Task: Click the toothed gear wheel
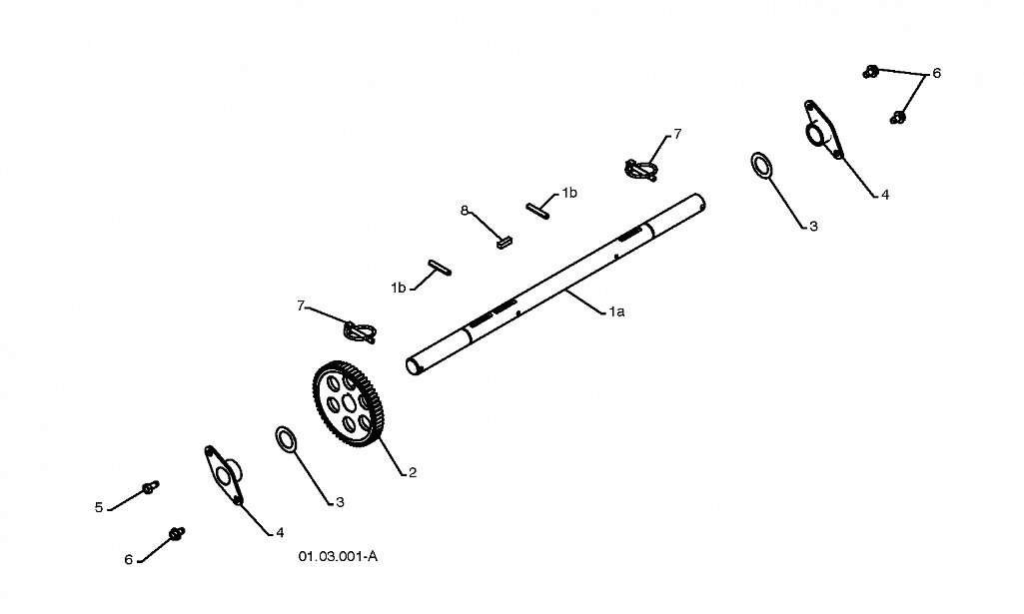coord(348,404)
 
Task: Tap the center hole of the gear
coord(348,404)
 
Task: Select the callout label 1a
coord(616,311)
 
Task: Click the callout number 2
coord(412,472)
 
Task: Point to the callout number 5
coord(99,507)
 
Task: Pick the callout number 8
coord(465,211)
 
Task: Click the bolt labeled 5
coord(150,487)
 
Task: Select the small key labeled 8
coord(505,243)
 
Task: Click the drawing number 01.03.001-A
coord(338,556)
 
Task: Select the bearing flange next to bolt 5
coord(223,475)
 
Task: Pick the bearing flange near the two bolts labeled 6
coord(822,129)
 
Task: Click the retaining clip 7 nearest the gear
coord(360,331)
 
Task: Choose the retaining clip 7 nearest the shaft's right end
coord(640,170)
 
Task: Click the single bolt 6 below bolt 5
coord(176,533)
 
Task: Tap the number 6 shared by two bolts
coord(936,73)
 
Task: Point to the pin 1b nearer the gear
coord(439,267)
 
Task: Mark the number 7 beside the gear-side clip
coord(301,306)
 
